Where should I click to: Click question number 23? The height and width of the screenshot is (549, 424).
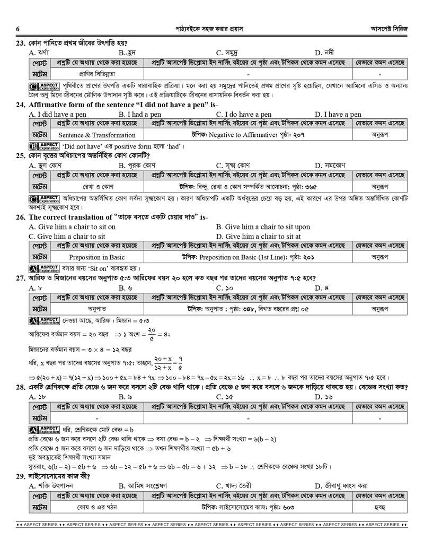(x=21, y=43)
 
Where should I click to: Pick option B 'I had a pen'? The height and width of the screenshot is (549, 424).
(x=140, y=114)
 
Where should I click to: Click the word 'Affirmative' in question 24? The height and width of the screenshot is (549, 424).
(x=49, y=104)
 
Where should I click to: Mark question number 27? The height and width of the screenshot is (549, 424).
(x=21, y=278)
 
